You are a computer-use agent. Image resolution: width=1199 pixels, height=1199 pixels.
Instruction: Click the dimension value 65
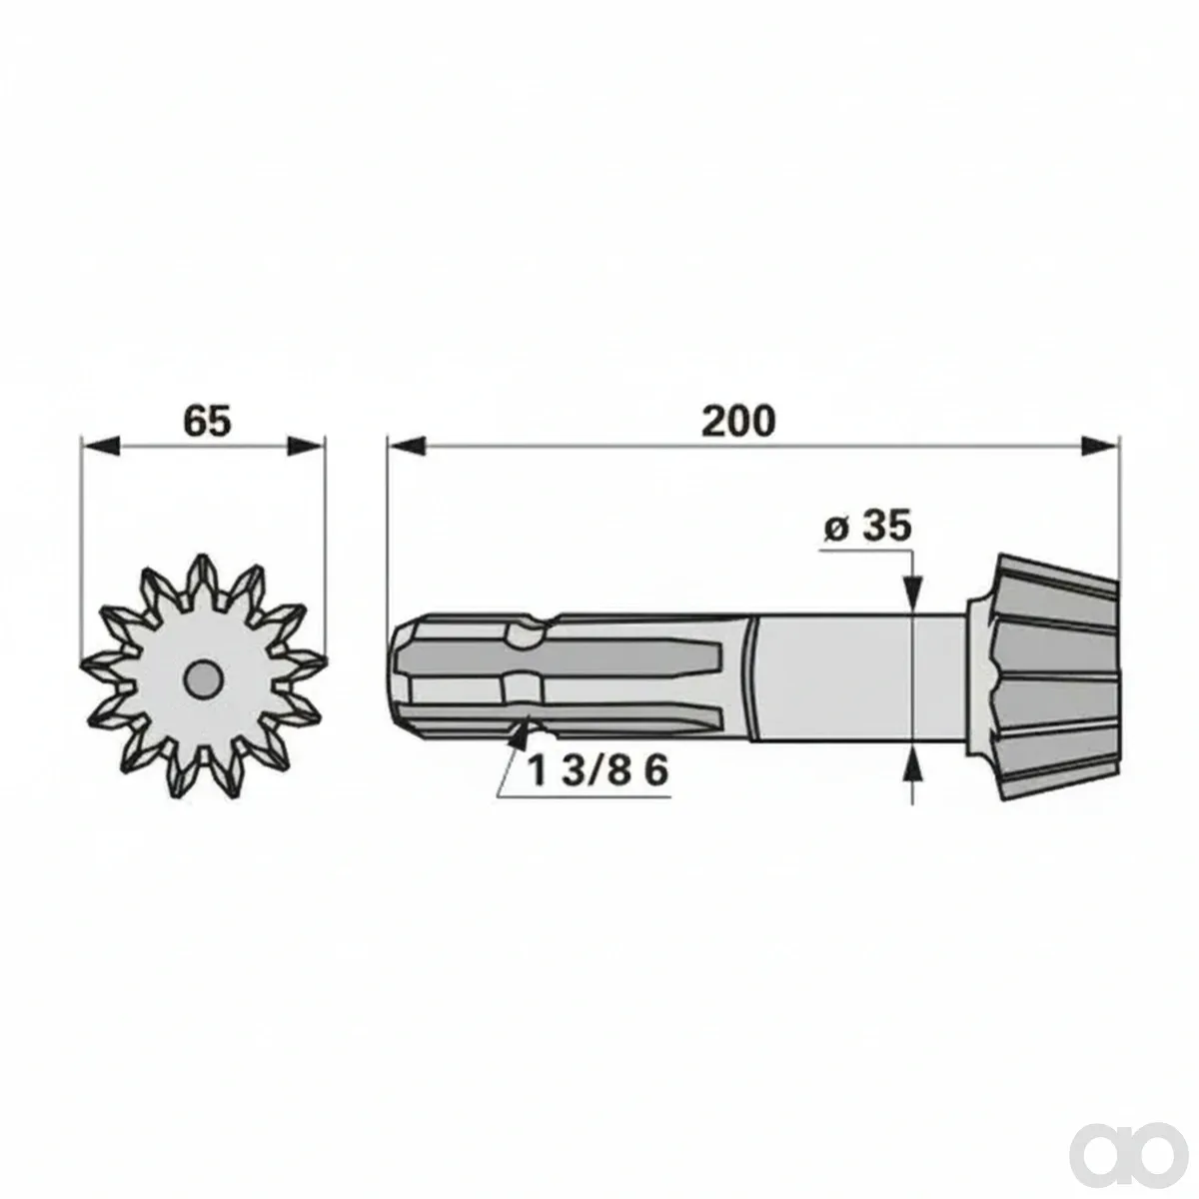click(x=207, y=422)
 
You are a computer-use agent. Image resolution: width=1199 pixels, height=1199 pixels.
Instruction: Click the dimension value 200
click(x=738, y=422)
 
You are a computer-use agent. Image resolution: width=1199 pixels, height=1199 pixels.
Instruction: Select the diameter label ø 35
click(x=868, y=527)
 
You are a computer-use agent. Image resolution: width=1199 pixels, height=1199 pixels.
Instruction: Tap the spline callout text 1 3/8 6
click(x=598, y=771)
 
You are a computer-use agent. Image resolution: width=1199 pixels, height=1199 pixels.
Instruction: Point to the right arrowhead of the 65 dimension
click(x=307, y=446)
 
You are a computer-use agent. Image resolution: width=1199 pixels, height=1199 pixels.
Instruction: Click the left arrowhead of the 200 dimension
click(x=406, y=446)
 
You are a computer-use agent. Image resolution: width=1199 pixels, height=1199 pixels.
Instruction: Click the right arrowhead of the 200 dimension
click(x=1100, y=446)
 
